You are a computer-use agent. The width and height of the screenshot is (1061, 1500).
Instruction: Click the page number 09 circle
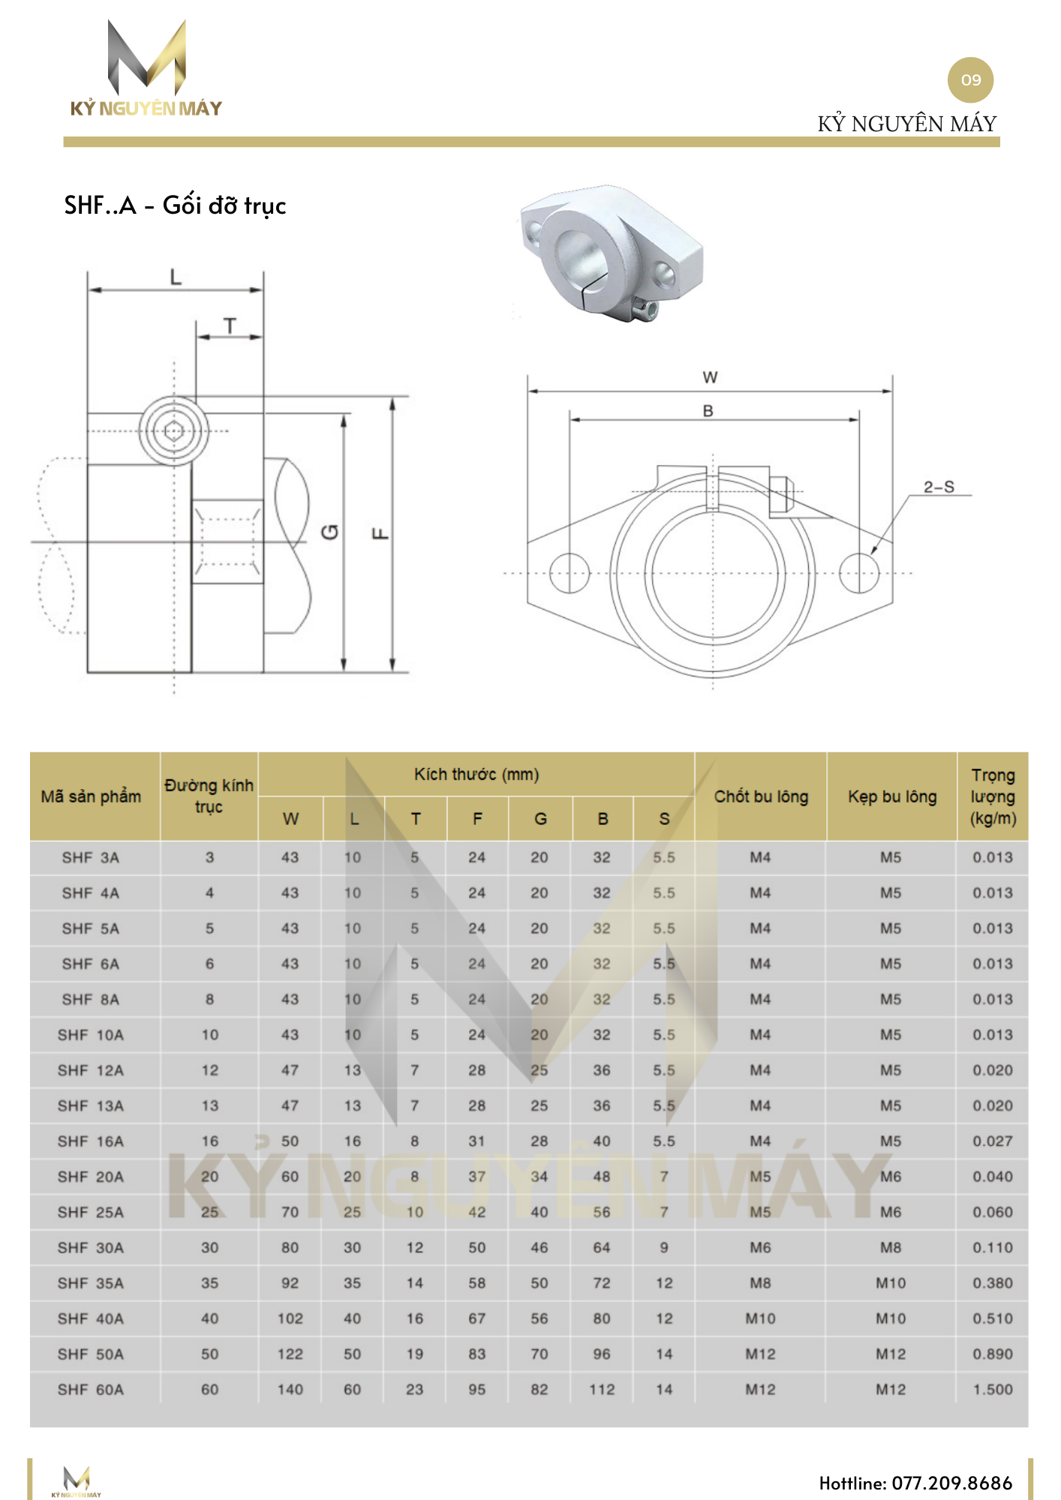(x=970, y=80)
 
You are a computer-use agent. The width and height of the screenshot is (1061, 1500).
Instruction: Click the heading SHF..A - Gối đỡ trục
(x=175, y=205)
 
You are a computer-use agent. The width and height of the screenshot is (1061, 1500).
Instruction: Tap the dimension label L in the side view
(x=176, y=277)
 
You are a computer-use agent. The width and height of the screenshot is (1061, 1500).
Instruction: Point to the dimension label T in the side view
(x=230, y=326)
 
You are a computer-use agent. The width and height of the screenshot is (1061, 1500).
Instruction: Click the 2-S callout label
(x=939, y=487)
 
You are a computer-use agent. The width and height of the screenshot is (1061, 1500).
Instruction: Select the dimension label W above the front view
(x=710, y=378)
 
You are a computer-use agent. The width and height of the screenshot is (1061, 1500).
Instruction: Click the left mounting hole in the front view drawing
(x=569, y=573)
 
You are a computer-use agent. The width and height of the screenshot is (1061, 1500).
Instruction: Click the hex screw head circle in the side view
(x=174, y=431)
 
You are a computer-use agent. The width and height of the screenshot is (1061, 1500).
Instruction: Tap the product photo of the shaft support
(x=612, y=253)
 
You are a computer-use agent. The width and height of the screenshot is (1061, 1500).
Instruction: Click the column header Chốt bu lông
(x=761, y=796)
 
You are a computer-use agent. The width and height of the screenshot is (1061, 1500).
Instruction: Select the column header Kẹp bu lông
(x=891, y=796)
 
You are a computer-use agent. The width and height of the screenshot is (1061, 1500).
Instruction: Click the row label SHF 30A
(x=91, y=1248)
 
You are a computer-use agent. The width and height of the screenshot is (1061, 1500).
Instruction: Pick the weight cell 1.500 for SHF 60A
(x=992, y=1390)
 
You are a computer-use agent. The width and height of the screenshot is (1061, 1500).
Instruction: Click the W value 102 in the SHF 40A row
(x=290, y=1318)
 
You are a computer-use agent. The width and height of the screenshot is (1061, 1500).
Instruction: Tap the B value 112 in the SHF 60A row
(x=602, y=1390)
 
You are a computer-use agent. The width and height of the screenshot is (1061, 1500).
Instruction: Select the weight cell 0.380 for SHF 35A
(x=992, y=1283)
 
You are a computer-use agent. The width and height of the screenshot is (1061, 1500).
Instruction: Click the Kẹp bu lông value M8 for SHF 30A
(x=891, y=1248)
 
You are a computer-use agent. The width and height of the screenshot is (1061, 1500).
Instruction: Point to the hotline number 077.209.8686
(x=951, y=1483)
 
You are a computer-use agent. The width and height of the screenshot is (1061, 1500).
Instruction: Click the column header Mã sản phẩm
(x=91, y=796)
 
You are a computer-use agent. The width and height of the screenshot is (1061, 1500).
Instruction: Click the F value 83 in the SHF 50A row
(x=477, y=1354)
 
